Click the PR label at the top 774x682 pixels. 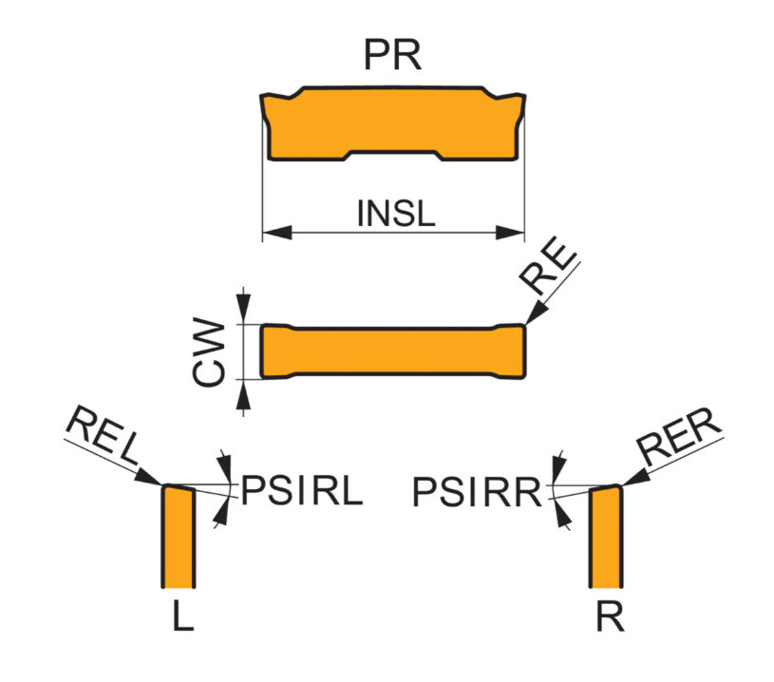(x=392, y=54)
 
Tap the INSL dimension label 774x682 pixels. (x=396, y=214)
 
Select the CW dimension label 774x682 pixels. (x=208, y=351)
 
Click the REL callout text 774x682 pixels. (x=103, y=435)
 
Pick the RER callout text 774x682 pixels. (x=679, y=436)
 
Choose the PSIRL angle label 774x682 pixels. (x=302, y=490)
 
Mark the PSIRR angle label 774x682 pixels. (x=477, y=492)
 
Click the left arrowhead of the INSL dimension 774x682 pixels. (x=277, y=232)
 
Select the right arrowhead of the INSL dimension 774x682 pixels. (x=509, y=232)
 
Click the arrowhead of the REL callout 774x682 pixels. (x=148, y=477)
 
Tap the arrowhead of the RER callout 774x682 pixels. (x=635, y=477)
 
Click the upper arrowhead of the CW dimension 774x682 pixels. (x=243, y=310)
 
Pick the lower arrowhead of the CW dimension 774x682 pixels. (x=243, y=394)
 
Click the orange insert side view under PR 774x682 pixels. (x=392, y=123)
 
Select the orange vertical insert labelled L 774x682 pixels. (x=179, y=537)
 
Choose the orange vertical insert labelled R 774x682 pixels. (x=606, y=537)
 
